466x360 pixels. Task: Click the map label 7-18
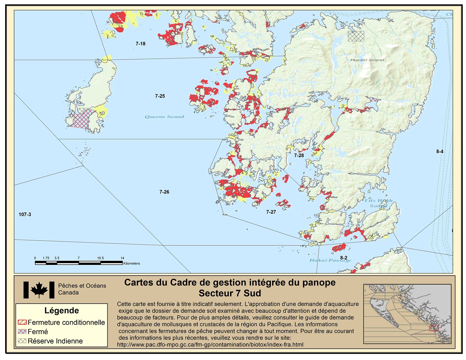click(x=140, y=44)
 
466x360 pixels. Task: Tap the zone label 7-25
click(x=160, y=96)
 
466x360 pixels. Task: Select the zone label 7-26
click(x=164, y=192)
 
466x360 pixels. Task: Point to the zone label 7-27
click(x=271, y=212)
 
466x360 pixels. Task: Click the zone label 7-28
click(x=299, y=156)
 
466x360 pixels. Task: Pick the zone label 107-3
click(x=25, y=215)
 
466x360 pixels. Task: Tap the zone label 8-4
click(x=440, y=152)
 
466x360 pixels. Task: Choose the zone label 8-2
click(x=344, y=258)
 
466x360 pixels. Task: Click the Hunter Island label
click(x=367, y=60)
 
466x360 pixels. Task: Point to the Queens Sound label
click(x=164, y=117)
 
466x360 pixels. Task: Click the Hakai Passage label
click(x=330, y=260)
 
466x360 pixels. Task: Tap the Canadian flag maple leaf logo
click(x=39, y=290)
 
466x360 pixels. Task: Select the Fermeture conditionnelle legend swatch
click(x=22, y=322)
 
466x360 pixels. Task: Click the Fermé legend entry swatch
click(x=22, y=332)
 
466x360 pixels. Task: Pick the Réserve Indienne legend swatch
click(x=22, y=341)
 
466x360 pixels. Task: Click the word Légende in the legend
click(x=62, y=311)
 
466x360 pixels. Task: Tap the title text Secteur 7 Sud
click(x=230, y=293)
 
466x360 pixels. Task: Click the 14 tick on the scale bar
click(x=122, y=258)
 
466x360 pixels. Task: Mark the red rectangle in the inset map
click(x=434, y=328)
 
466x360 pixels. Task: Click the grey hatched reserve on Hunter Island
click(x=356, y=36)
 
